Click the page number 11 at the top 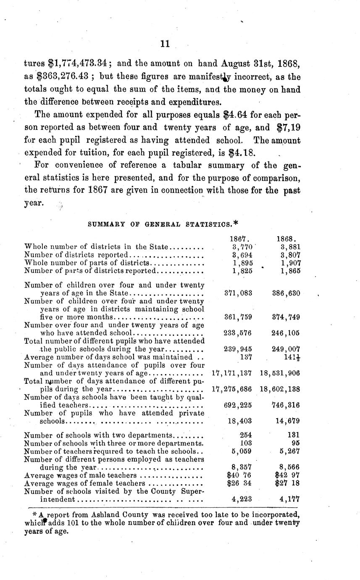pyautogui.click(x=165, y=43)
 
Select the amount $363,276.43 pyautogui.click(x=72, y=77)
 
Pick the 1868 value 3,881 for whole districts pyautogui.click(x=290, y=247)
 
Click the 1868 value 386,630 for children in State pyautogui.click(x=286, y=293)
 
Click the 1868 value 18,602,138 pyautogui.click(x=280, y=389)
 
